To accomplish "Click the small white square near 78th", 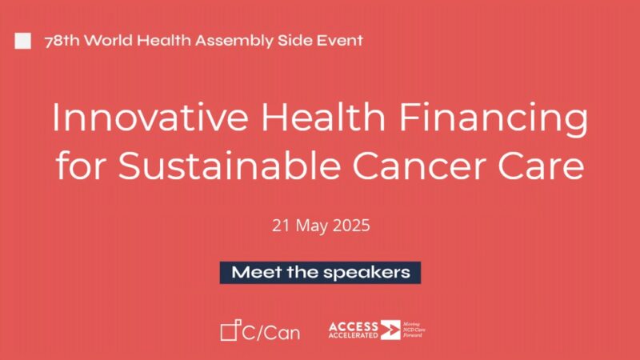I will click(24, 41).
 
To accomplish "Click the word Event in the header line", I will click(339, 41).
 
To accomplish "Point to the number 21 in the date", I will click(281, 226).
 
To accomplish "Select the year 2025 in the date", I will click(351, 226).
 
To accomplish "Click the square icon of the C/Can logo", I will click(230, 330).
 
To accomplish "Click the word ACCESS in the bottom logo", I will click(352, 325).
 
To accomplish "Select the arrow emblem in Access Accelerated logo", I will click(390, 330).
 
